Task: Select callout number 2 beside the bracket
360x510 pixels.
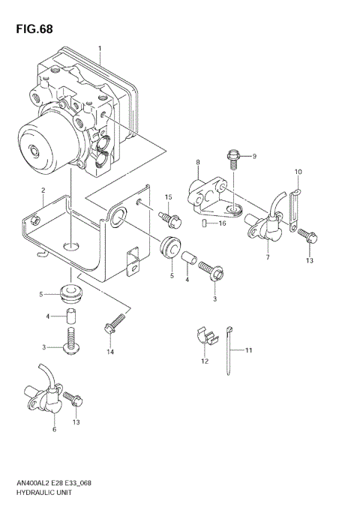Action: [43, 190]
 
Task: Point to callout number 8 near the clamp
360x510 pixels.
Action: [197, 163]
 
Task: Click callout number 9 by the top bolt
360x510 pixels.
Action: [254, 156]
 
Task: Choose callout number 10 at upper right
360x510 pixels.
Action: [298, 172]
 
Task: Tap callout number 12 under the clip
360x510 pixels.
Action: [203, 362]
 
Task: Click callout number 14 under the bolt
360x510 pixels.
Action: [110, 352]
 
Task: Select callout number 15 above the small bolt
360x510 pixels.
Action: [169, 198]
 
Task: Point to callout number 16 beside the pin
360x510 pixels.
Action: [222, 223]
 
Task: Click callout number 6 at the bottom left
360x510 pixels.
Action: [54, 429]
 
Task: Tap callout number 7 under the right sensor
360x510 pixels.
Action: [267, 258]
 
